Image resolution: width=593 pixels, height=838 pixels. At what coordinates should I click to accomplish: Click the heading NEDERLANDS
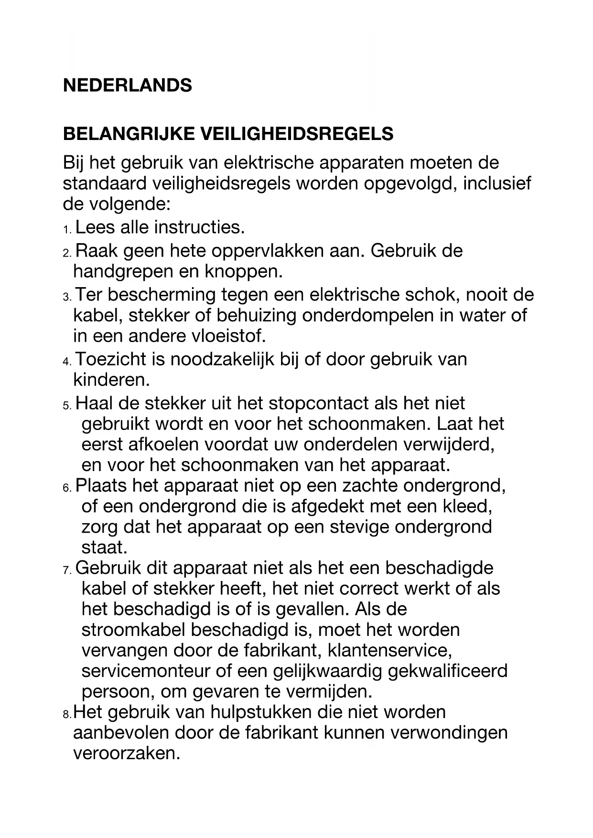point(127,86)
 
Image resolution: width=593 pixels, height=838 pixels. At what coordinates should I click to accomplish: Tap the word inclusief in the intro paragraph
point(496,183)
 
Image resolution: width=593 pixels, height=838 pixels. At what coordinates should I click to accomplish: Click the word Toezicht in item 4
point(111,359)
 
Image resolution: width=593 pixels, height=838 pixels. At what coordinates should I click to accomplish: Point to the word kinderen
point(111,380)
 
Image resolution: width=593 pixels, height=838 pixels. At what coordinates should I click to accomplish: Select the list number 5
point(66,406)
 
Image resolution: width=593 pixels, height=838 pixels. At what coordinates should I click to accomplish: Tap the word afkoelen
point(164,444)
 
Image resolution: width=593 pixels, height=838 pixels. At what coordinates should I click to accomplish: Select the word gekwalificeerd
point(448,671)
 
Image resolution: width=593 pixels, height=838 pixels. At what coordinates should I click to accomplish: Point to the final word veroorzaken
point(127,753)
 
